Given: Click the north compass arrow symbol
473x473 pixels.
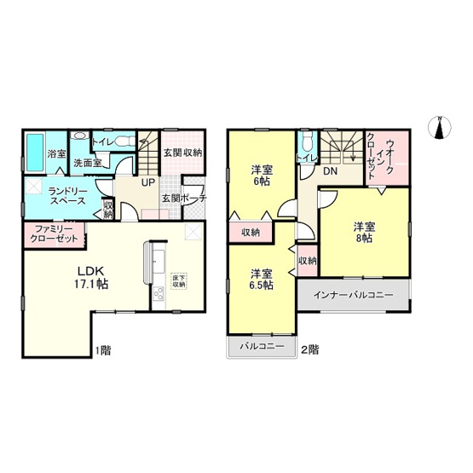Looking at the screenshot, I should [x=441, y=127].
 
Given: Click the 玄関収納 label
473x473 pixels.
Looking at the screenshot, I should [x=182, y=153].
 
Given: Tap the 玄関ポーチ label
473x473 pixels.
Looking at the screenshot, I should [x=182, y=199].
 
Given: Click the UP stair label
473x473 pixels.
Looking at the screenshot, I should [x=147, y=182].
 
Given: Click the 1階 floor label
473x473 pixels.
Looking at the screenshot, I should [x=101, y=350].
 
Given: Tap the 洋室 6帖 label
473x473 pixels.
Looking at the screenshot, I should [x=261, y=174].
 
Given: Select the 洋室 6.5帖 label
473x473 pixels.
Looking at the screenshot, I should [x=261, y=280].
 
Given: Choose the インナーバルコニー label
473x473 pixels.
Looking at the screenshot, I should [x=354, y=296].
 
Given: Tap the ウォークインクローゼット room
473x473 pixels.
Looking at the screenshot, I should [x=386, y=157].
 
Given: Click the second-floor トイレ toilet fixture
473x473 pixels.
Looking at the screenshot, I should [x=307, y=142].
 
